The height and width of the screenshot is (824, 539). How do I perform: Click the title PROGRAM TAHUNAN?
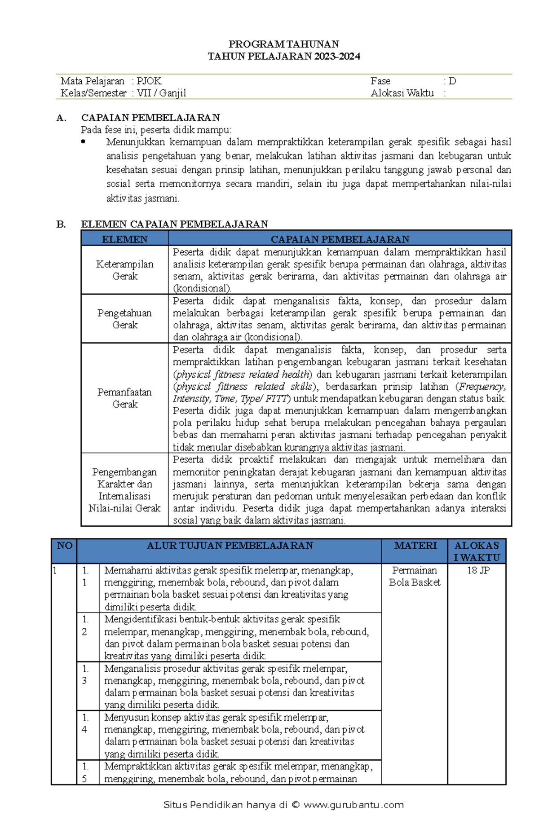(283, 44)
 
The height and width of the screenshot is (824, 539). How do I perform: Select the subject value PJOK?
(149, 81)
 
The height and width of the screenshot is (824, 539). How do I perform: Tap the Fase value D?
(452, 81)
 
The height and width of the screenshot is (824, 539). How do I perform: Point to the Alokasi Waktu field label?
(402, 93)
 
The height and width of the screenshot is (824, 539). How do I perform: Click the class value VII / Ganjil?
(161, 93)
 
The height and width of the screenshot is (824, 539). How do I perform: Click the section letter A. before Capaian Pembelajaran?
(62, 118)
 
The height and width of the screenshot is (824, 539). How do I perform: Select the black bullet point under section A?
(83, 142)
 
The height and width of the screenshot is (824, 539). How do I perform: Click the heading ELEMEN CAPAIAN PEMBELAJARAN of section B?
(174, 224)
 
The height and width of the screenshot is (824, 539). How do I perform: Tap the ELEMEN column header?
(124, 239)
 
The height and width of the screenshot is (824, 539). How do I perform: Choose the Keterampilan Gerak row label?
(124, 270)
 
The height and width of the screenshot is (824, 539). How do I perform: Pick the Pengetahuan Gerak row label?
(124, 319)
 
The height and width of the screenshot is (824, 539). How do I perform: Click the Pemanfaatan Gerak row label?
(124, 398)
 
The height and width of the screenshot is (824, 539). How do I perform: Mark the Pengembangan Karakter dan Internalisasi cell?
(124, 490)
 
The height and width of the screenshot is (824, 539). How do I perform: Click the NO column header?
(65, 546)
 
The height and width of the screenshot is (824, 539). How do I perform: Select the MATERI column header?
(415, 546)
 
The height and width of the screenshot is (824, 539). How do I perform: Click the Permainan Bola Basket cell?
(415, 576)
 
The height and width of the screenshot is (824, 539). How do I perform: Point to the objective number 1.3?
(85, 674)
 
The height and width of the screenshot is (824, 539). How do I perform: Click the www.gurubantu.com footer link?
(353, 805)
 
